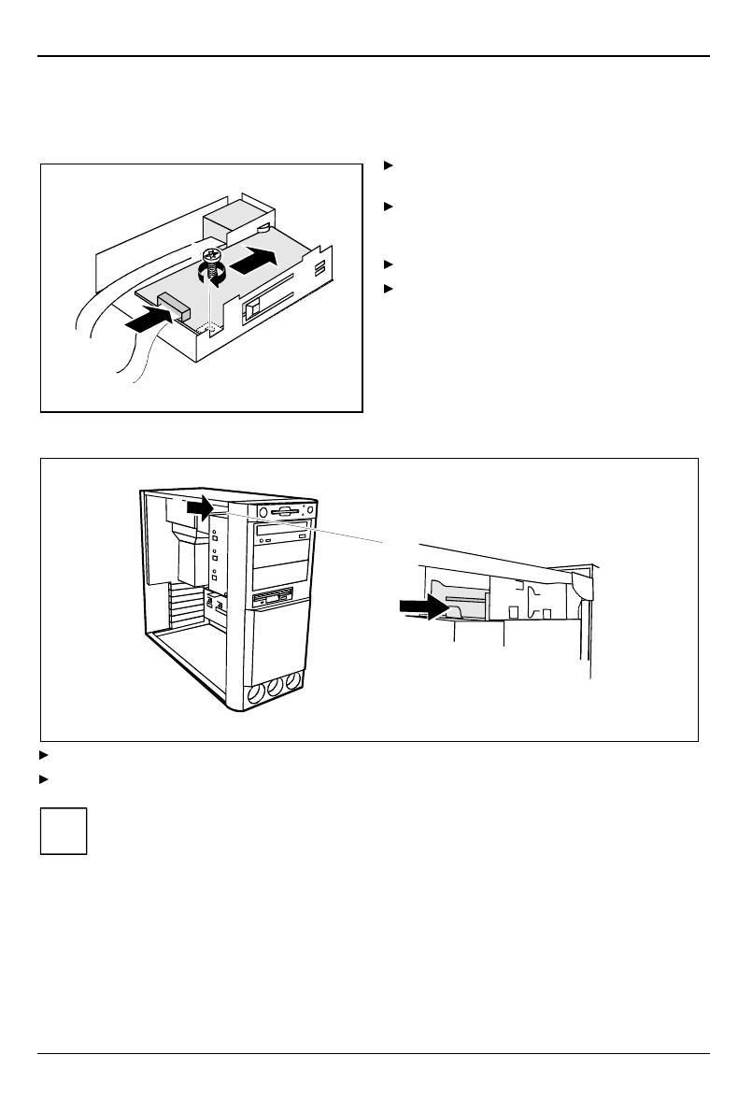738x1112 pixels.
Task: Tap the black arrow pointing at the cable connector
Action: [148, 322]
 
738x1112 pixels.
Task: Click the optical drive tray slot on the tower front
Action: [280, 530]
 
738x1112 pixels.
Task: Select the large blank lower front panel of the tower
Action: [279, 645]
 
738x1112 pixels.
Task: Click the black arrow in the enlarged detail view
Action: [421, 606]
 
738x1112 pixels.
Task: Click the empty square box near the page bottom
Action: [64, 830]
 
